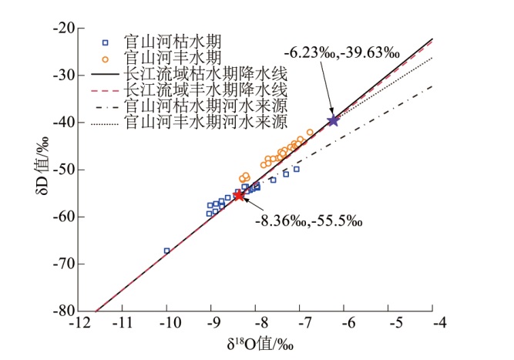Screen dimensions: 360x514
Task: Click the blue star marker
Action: click(x=333, y=120)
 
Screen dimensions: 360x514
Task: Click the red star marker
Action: click(x=239, y=196)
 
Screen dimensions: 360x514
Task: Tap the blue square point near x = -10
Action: click(x=166, y=251)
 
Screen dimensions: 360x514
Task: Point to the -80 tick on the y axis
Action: click(x=76, y=311)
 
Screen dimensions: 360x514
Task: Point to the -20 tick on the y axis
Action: click(x=76, y=28)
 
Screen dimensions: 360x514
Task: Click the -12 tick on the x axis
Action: click(x=76, y=311)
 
